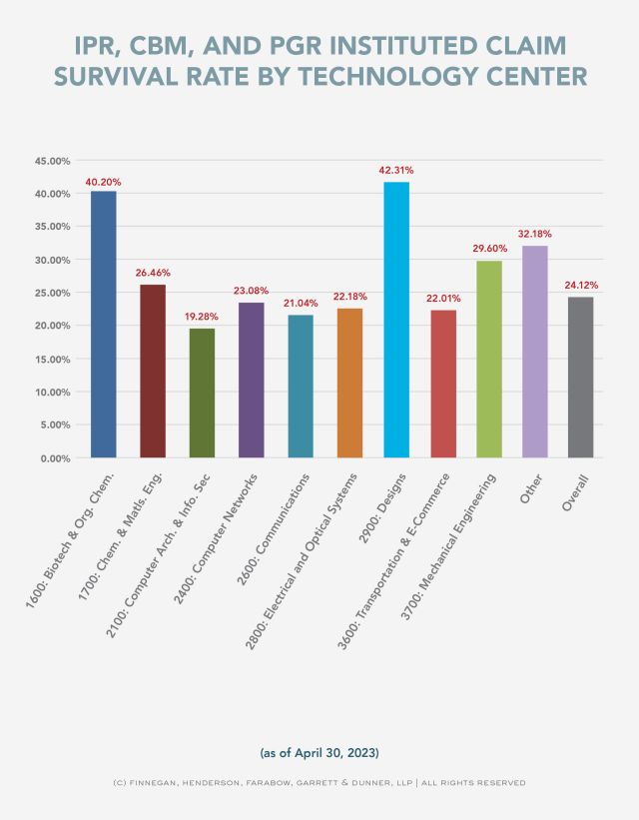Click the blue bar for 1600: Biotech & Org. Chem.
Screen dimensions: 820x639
point(104,324)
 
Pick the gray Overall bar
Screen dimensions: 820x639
point(580,377)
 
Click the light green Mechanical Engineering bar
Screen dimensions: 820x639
point(489,359)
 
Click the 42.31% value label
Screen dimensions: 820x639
point(395,171)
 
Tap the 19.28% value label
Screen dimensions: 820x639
point(202,317)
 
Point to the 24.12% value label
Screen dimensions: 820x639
point(581,285)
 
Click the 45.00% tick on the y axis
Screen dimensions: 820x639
point(52,161)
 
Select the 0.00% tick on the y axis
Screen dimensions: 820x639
point(55,457)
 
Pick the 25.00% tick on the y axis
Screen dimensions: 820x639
point(52,293)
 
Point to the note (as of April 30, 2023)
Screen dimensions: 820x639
point(319,749)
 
